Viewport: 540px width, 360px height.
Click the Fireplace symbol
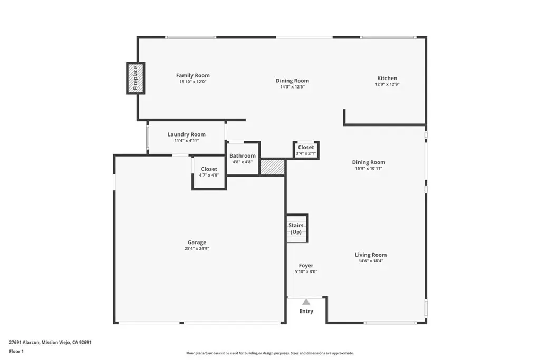click(x=136, y=78)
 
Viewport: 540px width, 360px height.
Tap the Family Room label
click(x=193, y=75)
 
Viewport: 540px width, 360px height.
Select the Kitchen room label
click(x=387, y=78)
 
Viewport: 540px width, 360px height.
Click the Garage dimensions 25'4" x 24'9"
click(x=197, y=248)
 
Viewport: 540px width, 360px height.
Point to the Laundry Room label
click(x=187, y=134)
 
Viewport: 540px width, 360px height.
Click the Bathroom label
click(x=243, y=155)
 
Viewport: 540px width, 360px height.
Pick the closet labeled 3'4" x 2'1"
click(x=306, y=150)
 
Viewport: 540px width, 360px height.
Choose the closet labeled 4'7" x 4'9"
click(x=209, y=172)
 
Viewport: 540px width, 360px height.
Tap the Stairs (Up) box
click(x=297, y=228)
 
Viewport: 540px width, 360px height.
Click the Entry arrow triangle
click(x=306, y=302)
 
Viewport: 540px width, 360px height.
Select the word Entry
click(x=306, y=311)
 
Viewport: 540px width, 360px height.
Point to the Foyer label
click(x=306, y=265)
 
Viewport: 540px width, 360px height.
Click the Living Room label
click(x=371, y=255)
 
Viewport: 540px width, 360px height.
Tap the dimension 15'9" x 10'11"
click(x=369, y=168)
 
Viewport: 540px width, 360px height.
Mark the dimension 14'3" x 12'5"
click(x=292, y=87)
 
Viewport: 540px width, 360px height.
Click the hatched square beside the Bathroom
click(x=273, y=167)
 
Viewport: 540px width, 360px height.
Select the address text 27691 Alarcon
click(x=24, y=343)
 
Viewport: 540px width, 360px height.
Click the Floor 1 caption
click(x=16, y=352)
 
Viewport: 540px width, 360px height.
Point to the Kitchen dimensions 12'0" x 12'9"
click(x=387, y=84)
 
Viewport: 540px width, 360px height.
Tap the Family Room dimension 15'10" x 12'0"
click(x=193, y=82)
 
